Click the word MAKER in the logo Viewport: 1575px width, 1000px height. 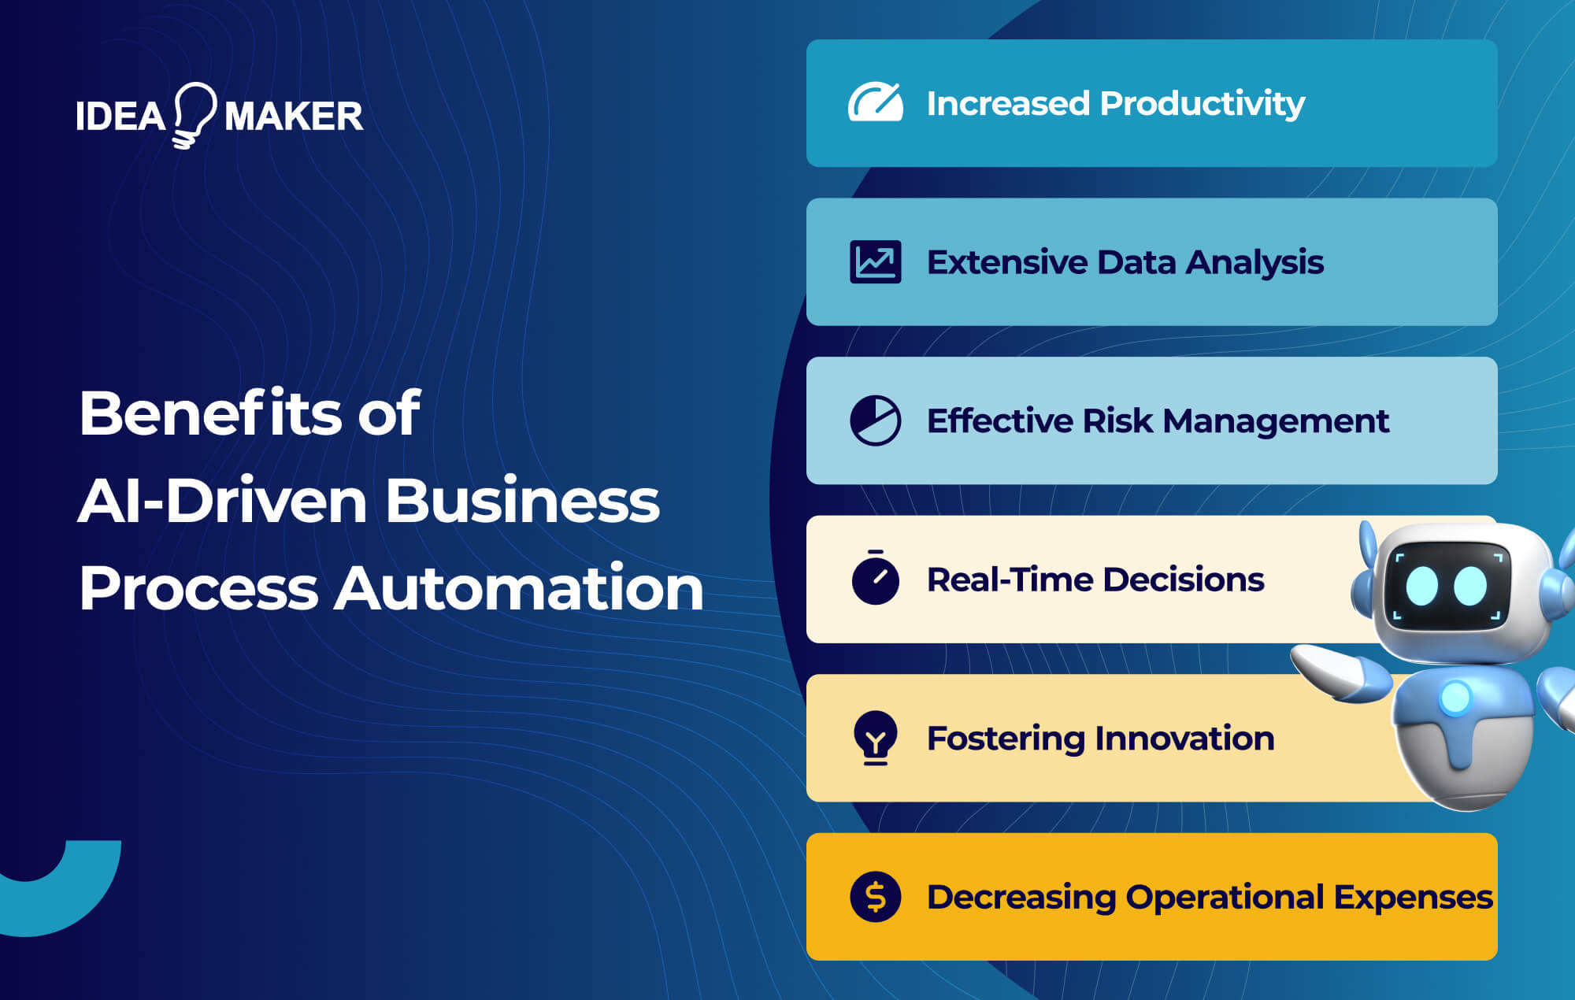click(x=294, y=117)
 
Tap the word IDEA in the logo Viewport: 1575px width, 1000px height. click(x=120, y=117)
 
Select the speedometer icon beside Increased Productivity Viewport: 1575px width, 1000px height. click(x=875, y=102)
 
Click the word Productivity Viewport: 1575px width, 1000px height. click(x=1202, y=104)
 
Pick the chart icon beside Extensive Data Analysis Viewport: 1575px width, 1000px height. click(x=875, y=261)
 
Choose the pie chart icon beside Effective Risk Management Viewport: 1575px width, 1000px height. click(x=875, y=420)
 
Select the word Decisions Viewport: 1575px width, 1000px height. click(x=1184, y=580)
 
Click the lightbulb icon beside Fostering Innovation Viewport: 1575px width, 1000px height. click(x=875, y=738)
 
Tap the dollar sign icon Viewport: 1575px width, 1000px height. click(x=875, y=897)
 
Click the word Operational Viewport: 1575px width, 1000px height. click(x=1225, y=897)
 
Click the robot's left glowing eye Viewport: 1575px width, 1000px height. click(x=1422, y=586)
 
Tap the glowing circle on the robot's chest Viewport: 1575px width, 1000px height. click(x=1455, y=697)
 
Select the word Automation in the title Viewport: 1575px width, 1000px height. click(x=518, y=588)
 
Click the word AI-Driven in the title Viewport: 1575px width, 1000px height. click(x=223, y=501)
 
